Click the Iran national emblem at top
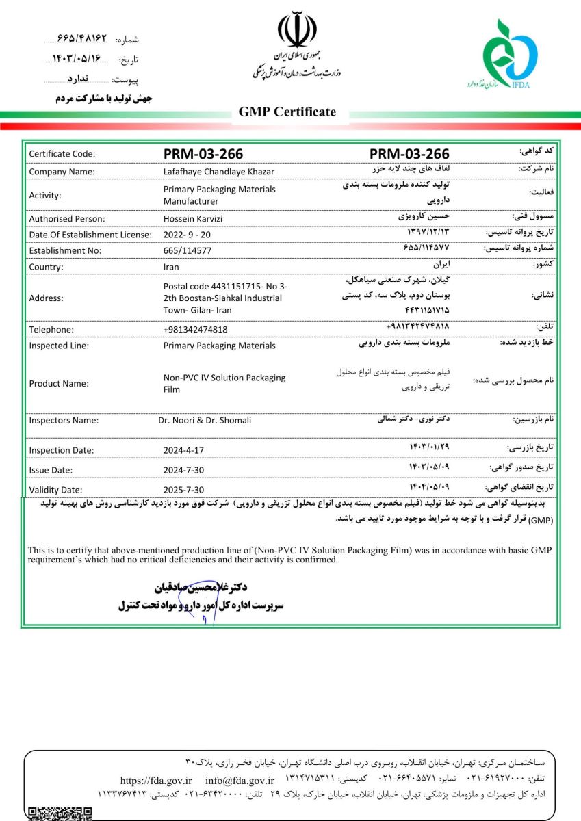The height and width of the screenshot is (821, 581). [x=297, y=29]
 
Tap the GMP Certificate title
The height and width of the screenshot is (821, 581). [x=287, y=112]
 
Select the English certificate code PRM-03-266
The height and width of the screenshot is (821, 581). [x=203, y=154]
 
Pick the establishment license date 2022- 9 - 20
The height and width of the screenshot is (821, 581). [x=188, y=235]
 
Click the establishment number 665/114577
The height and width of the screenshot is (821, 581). [x=188, y=250]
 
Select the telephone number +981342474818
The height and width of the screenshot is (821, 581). [x=196, y=329]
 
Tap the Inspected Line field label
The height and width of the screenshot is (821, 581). [x=59, y=346]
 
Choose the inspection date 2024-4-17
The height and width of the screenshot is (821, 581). [x=183, y=450]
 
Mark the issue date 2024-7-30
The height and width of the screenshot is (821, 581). [x=183, y=470]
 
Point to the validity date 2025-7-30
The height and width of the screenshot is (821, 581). [x=183, y=489]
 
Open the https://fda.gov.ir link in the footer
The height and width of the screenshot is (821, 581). [x=155, y=780]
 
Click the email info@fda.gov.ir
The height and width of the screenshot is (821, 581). [x=240, y=780]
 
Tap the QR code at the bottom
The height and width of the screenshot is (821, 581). [x=60, y=813]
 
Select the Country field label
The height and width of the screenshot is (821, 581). [x=46, y=267]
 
